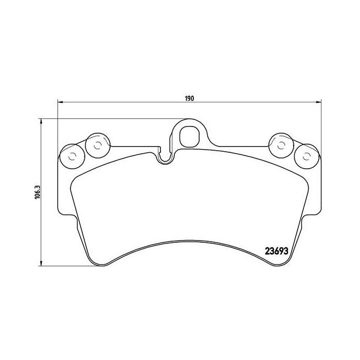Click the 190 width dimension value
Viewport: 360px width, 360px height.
189,98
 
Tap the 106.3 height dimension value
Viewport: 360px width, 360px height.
37,193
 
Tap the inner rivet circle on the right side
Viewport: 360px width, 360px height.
281,146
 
